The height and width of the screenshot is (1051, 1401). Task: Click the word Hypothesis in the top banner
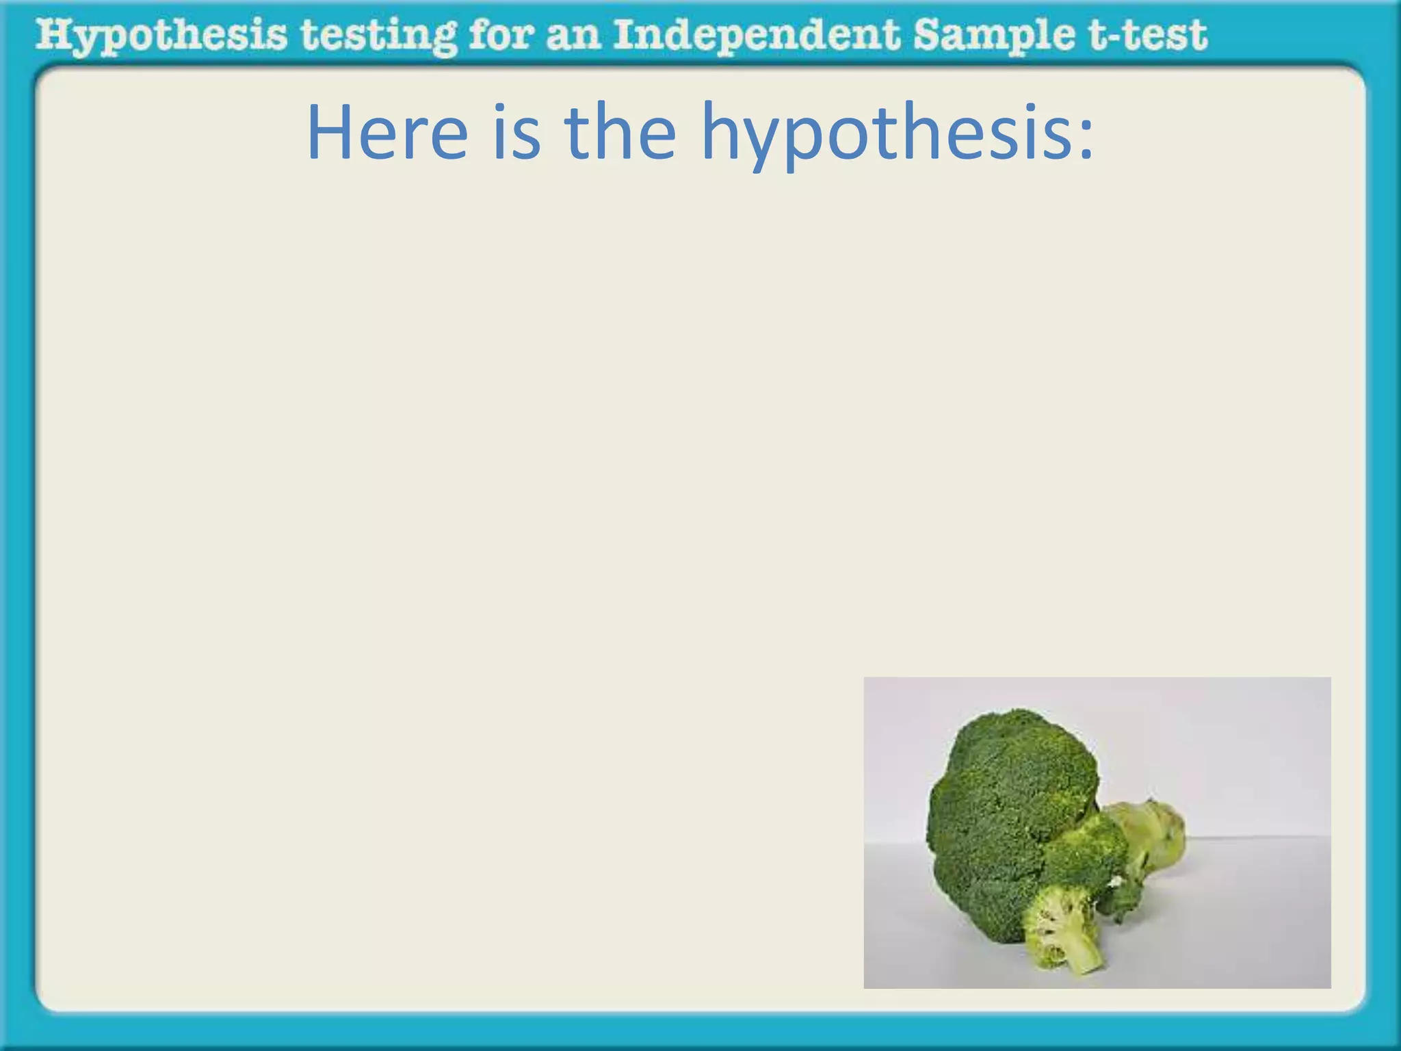pos(161,36)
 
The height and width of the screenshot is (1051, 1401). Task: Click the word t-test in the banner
pos(1149,36)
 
